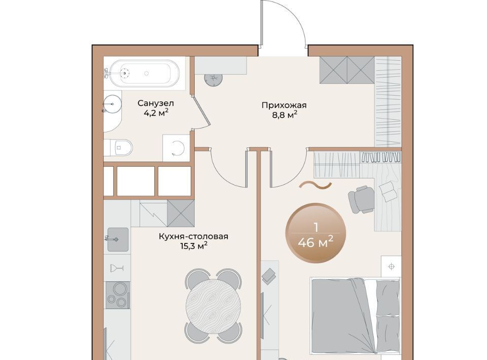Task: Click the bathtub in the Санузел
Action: [145, 74]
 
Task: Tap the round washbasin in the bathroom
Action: [112, 104]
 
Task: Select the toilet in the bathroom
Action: [118, 148]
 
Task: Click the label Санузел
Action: [156, 103]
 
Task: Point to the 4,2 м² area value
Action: [156, 113]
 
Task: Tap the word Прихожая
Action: [284, 105]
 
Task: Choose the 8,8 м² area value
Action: [285, 115]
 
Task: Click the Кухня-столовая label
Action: [193, 236]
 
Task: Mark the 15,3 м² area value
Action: [194, 246]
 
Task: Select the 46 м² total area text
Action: [316, 242]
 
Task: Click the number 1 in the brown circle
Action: [316, 228]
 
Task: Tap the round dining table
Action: [213, 305]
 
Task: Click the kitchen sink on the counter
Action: [118, 239]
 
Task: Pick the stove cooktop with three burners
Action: [117, 295]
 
